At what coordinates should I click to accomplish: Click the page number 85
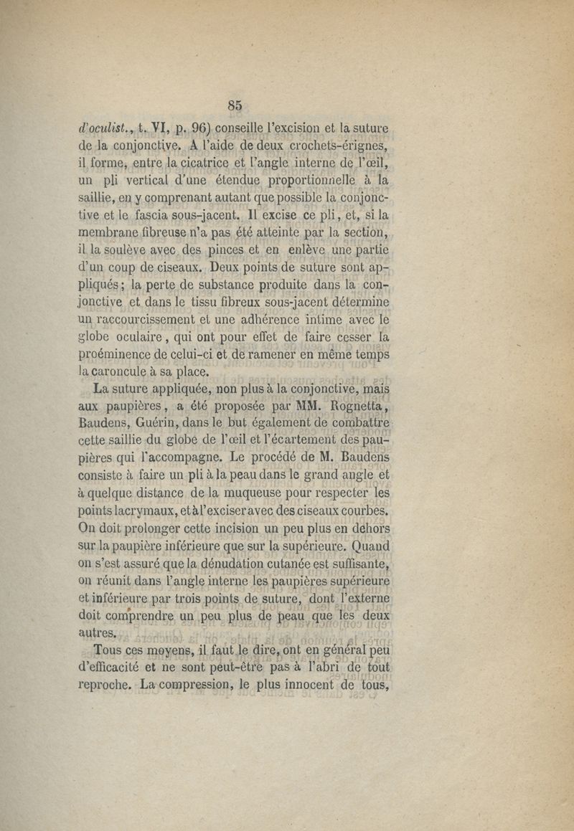pos(235,105)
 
